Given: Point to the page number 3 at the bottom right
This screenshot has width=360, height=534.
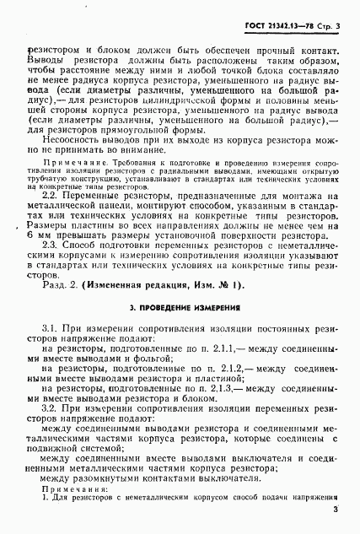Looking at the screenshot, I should tap(335, 509).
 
